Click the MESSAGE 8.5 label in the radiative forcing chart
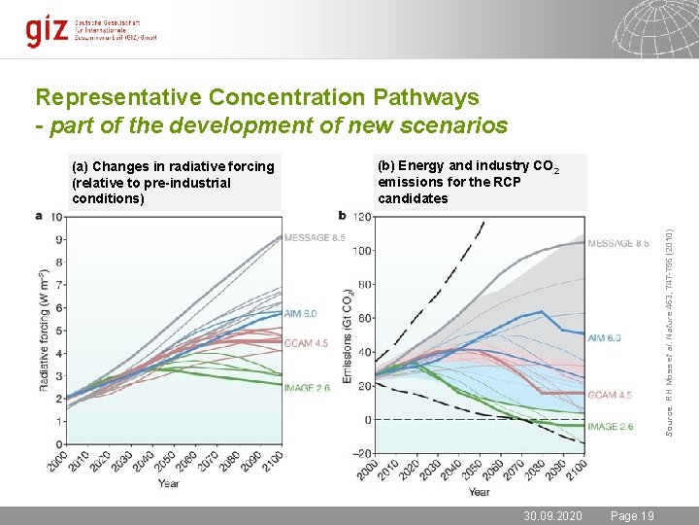pos(315,236)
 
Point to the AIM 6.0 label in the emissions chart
pos(604,338)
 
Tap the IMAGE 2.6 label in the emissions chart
pos(610,426)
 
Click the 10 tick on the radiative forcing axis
pos(59,217)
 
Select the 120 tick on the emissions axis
pos(362,217)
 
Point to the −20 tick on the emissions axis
pos(361,453)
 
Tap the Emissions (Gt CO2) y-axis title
pos(347,332)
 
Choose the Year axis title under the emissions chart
pos(479,491)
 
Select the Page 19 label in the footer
pos(632,516)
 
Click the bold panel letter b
pos(342,215)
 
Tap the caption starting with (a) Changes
pos(173,183)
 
